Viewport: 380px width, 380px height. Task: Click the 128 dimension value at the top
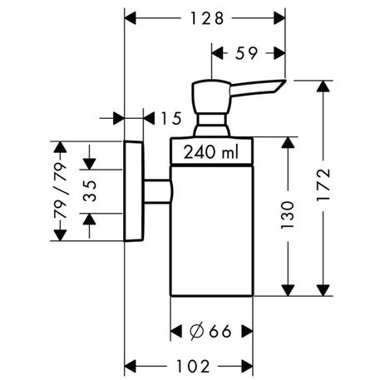click(x=207, y=18)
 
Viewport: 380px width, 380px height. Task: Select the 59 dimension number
click(x=246, y=53)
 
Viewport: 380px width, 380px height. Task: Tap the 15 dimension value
click(x=171, y=118)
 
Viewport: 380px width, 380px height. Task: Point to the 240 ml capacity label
click(x=211, y=152)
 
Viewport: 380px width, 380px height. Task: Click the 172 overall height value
click(x=323, y=185)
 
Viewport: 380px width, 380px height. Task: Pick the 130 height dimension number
click(x=288, y=215)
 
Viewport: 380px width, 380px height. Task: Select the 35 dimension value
click(x=90, y=191)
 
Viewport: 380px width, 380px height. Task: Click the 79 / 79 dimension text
click(x=61, y=190)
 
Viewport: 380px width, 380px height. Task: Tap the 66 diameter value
click(x=220, y=331)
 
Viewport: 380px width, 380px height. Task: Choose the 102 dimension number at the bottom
click(x=193, y=367)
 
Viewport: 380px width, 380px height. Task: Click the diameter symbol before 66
click(x=197, y=331)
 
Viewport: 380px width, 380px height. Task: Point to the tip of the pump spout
click(x=285, y=80)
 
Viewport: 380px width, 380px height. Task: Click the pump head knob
click(x=211, y=96)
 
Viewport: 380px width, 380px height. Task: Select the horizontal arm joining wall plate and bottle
click(x=157, y=191)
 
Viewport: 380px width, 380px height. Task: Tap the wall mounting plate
click(x=134, y=191)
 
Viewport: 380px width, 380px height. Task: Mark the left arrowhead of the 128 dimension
click(x=131, y=18)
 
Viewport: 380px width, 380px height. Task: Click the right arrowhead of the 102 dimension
click(x=247, y=366)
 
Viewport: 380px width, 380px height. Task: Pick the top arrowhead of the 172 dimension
click(x=323, y=86)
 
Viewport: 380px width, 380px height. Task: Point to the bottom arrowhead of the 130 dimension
click(x=288, y=290)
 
